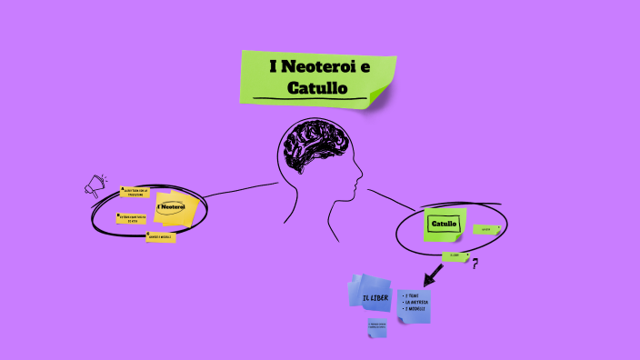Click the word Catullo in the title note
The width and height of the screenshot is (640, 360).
317,88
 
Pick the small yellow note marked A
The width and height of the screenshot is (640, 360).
135,192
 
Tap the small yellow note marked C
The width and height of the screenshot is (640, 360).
161,237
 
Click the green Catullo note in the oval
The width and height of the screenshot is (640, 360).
445,224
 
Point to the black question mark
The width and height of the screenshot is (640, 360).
475,264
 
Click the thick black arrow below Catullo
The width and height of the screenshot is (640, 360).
434,273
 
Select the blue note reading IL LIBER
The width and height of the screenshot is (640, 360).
375,297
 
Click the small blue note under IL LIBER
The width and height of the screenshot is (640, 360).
377,327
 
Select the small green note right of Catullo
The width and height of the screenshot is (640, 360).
486,229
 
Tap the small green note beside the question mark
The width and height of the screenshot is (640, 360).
455,256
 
